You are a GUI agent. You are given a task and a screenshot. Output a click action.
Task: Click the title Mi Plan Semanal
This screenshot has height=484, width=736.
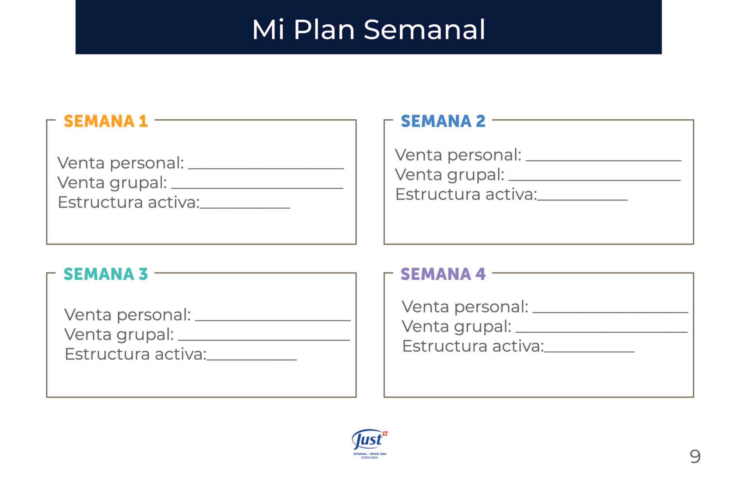[368, 30]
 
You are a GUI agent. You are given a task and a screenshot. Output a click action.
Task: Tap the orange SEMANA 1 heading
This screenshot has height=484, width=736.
[106, 121]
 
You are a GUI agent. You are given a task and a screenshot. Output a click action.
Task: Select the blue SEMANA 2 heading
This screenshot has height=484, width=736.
[443, 121]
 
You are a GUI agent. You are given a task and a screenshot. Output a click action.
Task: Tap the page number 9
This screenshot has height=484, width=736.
[695, 456]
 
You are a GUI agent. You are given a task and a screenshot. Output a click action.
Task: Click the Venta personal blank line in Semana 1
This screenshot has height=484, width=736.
[266, 169]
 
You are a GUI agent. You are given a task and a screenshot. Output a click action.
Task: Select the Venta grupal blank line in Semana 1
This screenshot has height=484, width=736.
[257, 188]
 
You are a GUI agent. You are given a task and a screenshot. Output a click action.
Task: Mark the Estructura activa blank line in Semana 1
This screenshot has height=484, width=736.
[245, 208]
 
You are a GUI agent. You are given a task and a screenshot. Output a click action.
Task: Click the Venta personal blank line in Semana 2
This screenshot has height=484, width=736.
[603, 160]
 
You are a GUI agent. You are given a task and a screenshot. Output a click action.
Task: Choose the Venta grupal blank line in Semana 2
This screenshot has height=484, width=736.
[595, 180]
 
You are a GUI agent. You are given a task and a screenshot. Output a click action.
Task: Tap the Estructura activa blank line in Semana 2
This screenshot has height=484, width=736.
[582, 200]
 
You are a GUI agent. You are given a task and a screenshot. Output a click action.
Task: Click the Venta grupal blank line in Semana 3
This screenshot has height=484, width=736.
[264, 340]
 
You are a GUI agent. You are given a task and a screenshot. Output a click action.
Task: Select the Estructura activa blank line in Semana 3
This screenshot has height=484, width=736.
[252, 359]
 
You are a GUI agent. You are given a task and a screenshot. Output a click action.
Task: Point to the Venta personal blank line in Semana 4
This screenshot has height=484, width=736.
[610, 312]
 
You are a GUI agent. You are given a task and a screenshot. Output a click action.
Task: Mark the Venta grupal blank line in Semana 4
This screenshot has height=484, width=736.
[601, 332]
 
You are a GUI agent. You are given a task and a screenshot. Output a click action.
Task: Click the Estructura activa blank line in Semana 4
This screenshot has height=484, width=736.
[589, 352]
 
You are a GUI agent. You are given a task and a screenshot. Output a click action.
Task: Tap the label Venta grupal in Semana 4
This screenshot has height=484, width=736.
[456, 327]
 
